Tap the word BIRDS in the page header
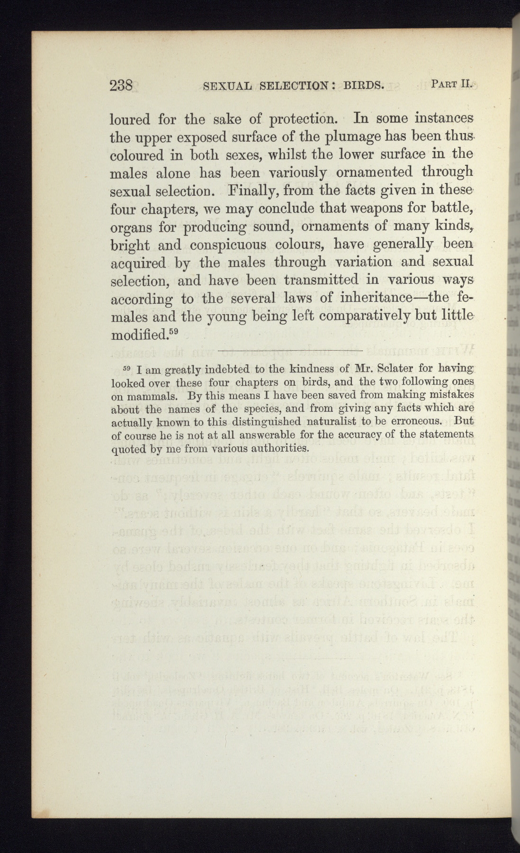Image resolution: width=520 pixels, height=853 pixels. pyautogui.click(x=363, y=86)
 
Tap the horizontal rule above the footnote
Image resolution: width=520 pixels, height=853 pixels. pyautogui.click(x=290, y=350)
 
